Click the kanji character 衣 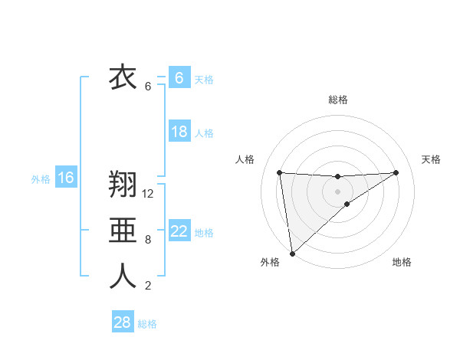pyautogui.click(x=123, y=78)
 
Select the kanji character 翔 pyautogui.click(x=123, y=186)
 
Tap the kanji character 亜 pyautogui.click(x=123, y=231)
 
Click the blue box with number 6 pyautogui.click(x=179, y=78)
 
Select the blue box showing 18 pyautogui.click(x=179, y=132)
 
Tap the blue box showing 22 pyautogui.click(x=179, y=231)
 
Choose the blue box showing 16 pyautogui.click(x=66, y=178)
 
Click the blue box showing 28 pyautogui.click(x=123, y=322)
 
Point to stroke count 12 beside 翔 pyautogui.click(x=149, y=194)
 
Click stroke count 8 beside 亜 pyautogui.click(x=148, y=240)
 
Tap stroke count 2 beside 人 pyautogui.click(x=148, y=286)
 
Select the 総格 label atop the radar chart pyautogui.click(x=338, y=100)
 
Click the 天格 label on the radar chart pyautogui.click(x=431, y=159)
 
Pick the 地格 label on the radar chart pyautogui.click(x=402, y=262)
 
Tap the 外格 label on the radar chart pyautogui.click(x=270, y=262)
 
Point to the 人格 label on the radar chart pyautogui.click(x=245, y=159)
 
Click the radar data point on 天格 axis pyautogui.click(x=396, y=172)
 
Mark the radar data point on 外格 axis pyautogui.click(x=292, y=253)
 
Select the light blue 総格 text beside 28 pyautogui.click(x=147, y=323)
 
